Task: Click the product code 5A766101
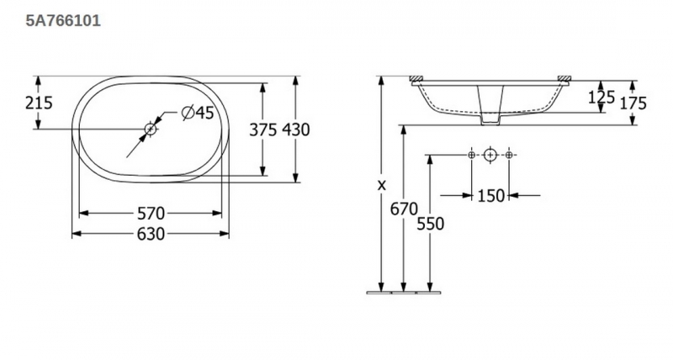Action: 63,20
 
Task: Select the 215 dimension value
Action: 39,103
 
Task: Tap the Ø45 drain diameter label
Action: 198,113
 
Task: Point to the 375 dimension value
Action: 263,130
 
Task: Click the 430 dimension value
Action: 296,130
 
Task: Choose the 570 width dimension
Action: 151,213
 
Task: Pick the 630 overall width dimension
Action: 151,234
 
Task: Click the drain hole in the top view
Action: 151,129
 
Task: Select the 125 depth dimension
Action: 601,98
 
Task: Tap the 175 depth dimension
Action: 633,103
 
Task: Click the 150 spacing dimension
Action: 491,196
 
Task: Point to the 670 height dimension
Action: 404,209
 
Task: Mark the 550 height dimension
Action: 431,224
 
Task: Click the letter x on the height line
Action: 382,185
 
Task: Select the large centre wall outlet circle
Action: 490,155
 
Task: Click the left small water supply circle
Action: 471,155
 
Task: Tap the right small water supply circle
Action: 509,155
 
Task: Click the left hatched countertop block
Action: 416,78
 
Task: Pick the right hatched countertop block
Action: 564,78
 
